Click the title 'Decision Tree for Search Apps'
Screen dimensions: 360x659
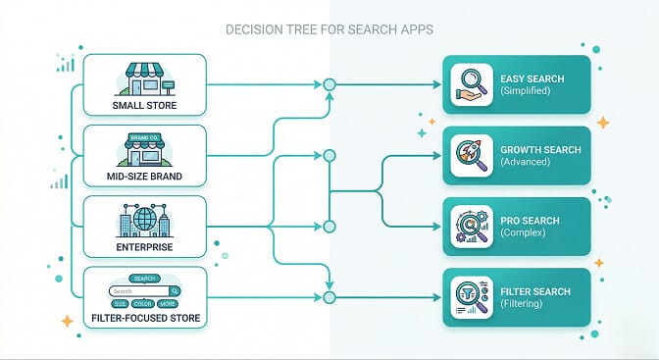(329, 29)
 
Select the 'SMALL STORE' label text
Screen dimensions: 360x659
(145, 105)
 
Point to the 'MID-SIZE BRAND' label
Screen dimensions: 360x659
(145, 177)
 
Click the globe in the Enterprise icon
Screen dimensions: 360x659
(145, 215)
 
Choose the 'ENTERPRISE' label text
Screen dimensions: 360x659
(145, 247)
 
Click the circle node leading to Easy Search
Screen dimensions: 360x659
(329, 85)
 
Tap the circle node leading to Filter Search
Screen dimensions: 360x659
(329, 297)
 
